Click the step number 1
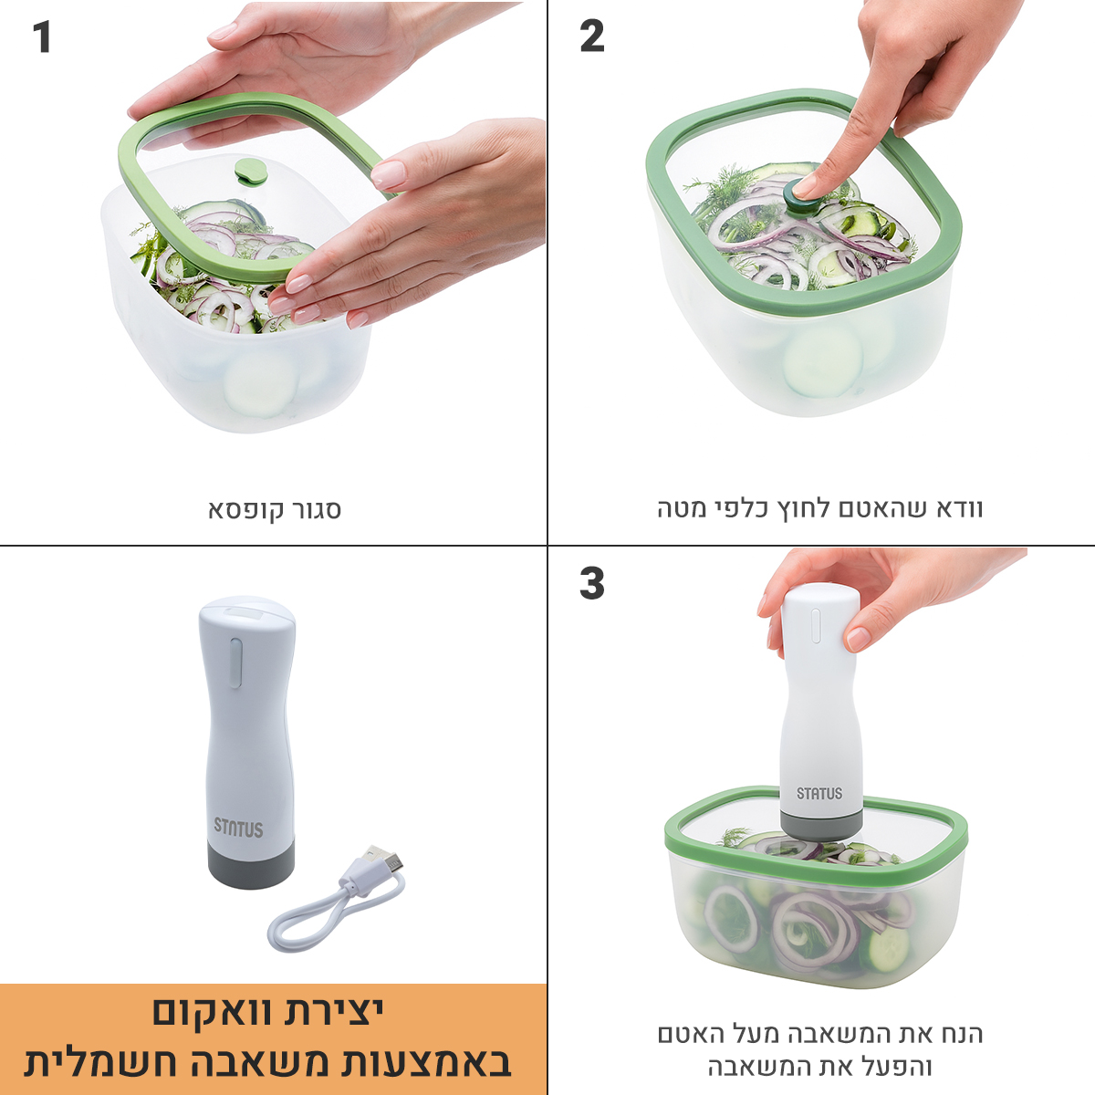[42, 37]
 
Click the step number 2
[591, 36]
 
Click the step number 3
[591, 583]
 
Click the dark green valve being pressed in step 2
[799, 198]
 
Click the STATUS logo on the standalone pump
[239, 828]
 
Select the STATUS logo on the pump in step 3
[819, 793]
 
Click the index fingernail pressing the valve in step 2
[804, 187]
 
